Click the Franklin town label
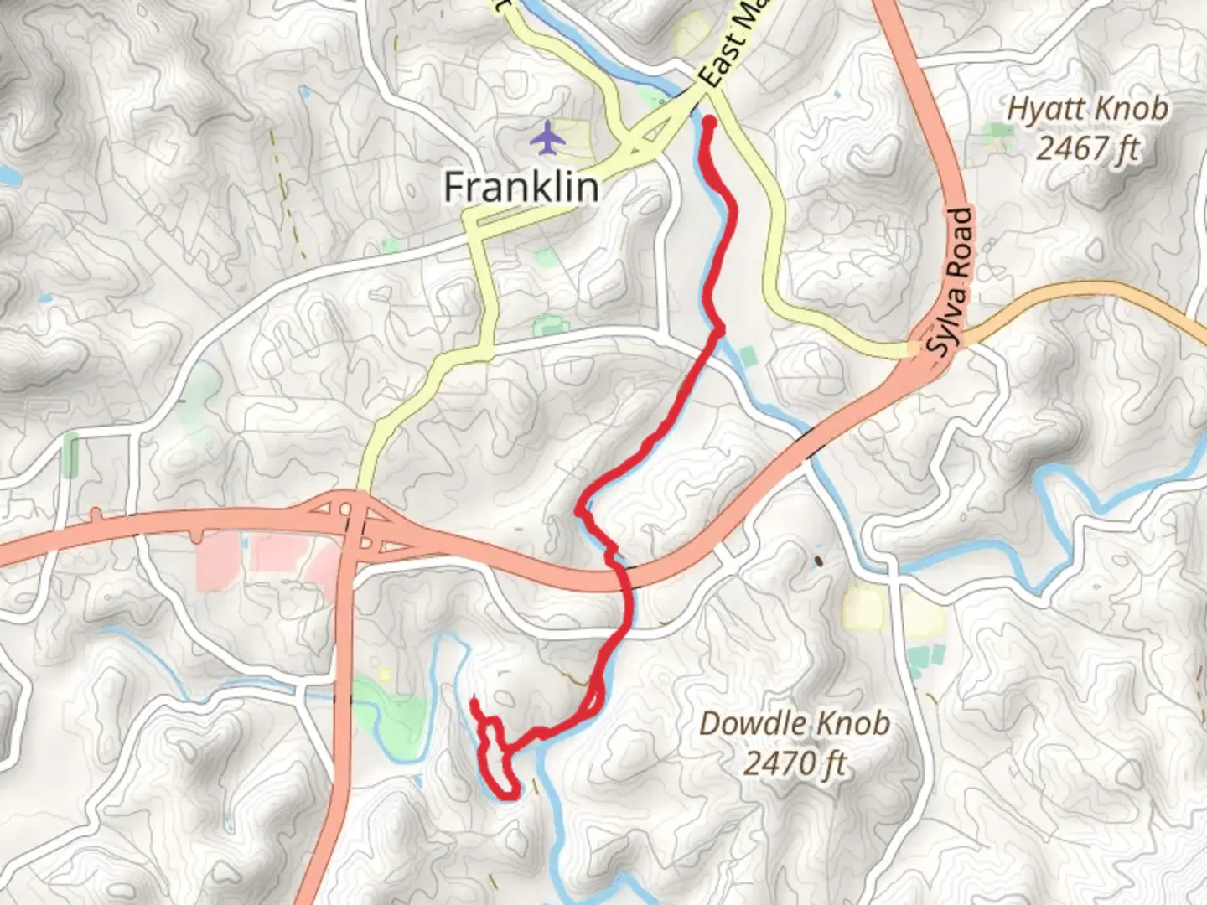tap(521, 187)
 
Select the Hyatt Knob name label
tap(1087, 109)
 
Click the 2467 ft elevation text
tap(1087, 149)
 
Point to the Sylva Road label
tap(954, 281)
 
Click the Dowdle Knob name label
tap(794, 723)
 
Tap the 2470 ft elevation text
tap(794, 763)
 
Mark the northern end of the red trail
tap(709, 123)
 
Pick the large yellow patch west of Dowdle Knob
tap(863, 607)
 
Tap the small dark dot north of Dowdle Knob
tap(818, 561)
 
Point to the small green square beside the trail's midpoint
tap(747, 357)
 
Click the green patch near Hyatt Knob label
tap(998, 131)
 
